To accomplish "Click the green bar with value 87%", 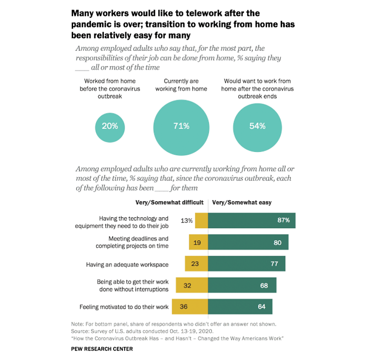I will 251,220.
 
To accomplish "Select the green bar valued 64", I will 240,306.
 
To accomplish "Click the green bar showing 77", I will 247,264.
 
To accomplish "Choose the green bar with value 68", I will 242,285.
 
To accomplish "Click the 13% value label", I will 186,220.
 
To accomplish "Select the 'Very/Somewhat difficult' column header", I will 170,202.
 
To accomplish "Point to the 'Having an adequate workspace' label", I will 127,264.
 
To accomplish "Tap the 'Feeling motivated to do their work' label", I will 124,306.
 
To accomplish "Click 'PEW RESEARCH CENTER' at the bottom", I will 102,349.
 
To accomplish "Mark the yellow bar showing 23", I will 197,264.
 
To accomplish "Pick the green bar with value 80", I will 248,242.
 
